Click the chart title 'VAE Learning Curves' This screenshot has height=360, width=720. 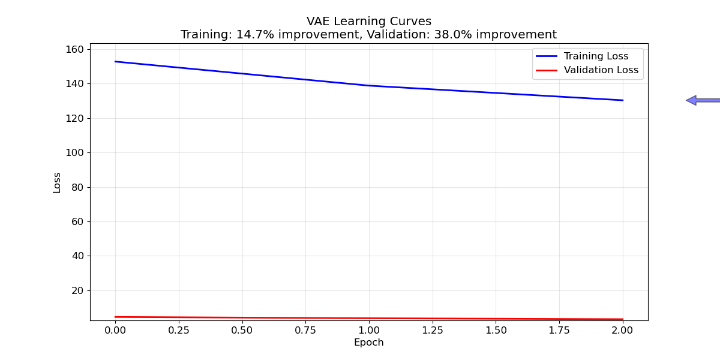(x=368, y=22)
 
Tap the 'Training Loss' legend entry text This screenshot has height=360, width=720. (x=596, y=56)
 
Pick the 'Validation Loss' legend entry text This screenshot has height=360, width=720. (x=601, y=70)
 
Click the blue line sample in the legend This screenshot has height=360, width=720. (x=547, y=56)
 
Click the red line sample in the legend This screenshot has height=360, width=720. (x=547, y=70)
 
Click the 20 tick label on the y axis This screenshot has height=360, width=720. (x=78, y=290)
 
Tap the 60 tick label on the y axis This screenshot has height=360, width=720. (x=78, y=221)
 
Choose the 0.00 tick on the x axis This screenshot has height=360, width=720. (x=115, y=329)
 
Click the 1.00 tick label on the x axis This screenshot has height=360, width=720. (x=368, y=329)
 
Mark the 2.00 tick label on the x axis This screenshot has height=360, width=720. (x=622, y=329)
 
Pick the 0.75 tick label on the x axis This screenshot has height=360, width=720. (x=305, y=329)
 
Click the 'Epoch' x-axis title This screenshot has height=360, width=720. (x=368, y=343)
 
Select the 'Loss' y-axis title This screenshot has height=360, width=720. (x=57, y=182)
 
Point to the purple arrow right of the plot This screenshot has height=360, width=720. (x=703, y=100)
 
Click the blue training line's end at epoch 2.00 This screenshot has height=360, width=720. (x=622, y=100)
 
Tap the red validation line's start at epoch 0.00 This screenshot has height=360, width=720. (x=116, y=317)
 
